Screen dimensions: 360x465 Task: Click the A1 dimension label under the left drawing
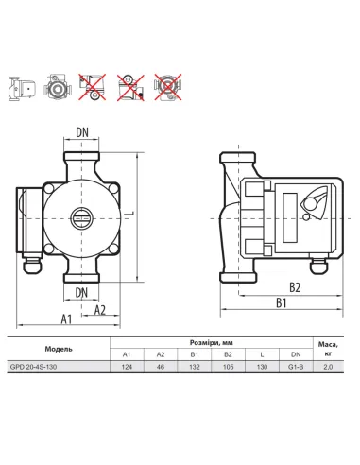tap(66, 319)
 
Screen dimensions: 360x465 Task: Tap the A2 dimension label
tap(100, 310)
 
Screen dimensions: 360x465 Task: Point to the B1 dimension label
tap(282, 303)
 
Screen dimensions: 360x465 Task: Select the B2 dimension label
tap(295, 287)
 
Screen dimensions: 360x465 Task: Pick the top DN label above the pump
tap(82, 132)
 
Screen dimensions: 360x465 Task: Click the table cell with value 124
tap(127, 367)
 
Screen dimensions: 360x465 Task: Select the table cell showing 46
tap(161, 367)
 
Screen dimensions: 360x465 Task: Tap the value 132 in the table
tap(195, 367)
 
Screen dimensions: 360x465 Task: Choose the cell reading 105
tap(228, 367)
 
